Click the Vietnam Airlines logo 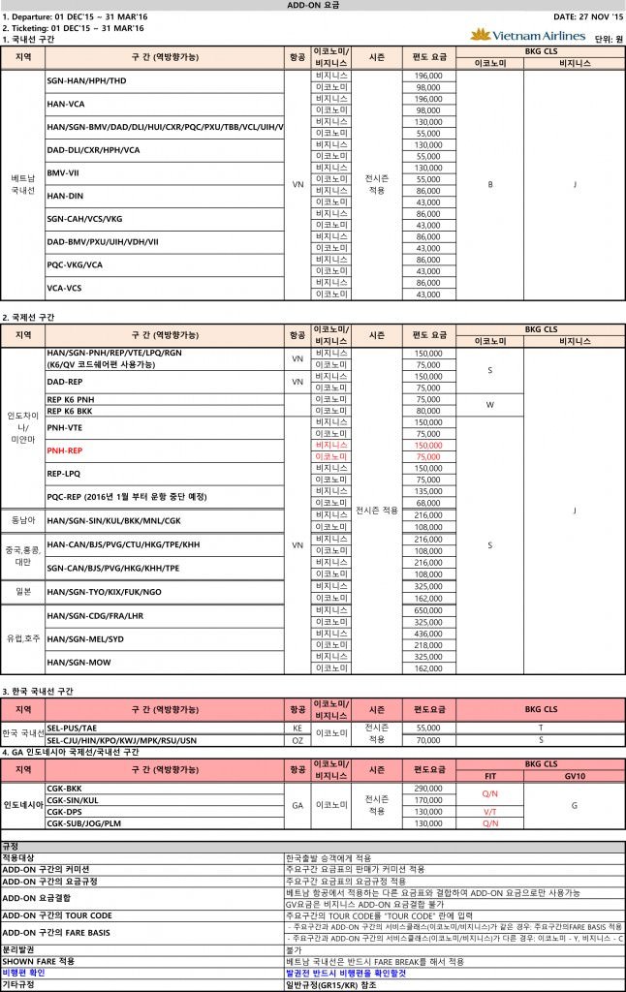tap(527, 35)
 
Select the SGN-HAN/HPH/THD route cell tap(86, 80)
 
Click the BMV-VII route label tap(64, 173)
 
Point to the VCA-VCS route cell tap(66, 288)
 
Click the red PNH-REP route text tap(65, 450)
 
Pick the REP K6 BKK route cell tap(71, 410)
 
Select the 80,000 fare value tap(428, 410)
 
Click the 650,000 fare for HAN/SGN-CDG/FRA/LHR tap(428, 610)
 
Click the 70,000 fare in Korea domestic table tap(428, 739)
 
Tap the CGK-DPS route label tap(64, 811)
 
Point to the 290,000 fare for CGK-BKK tap(428, 789)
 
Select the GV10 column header tap(574, 776)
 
